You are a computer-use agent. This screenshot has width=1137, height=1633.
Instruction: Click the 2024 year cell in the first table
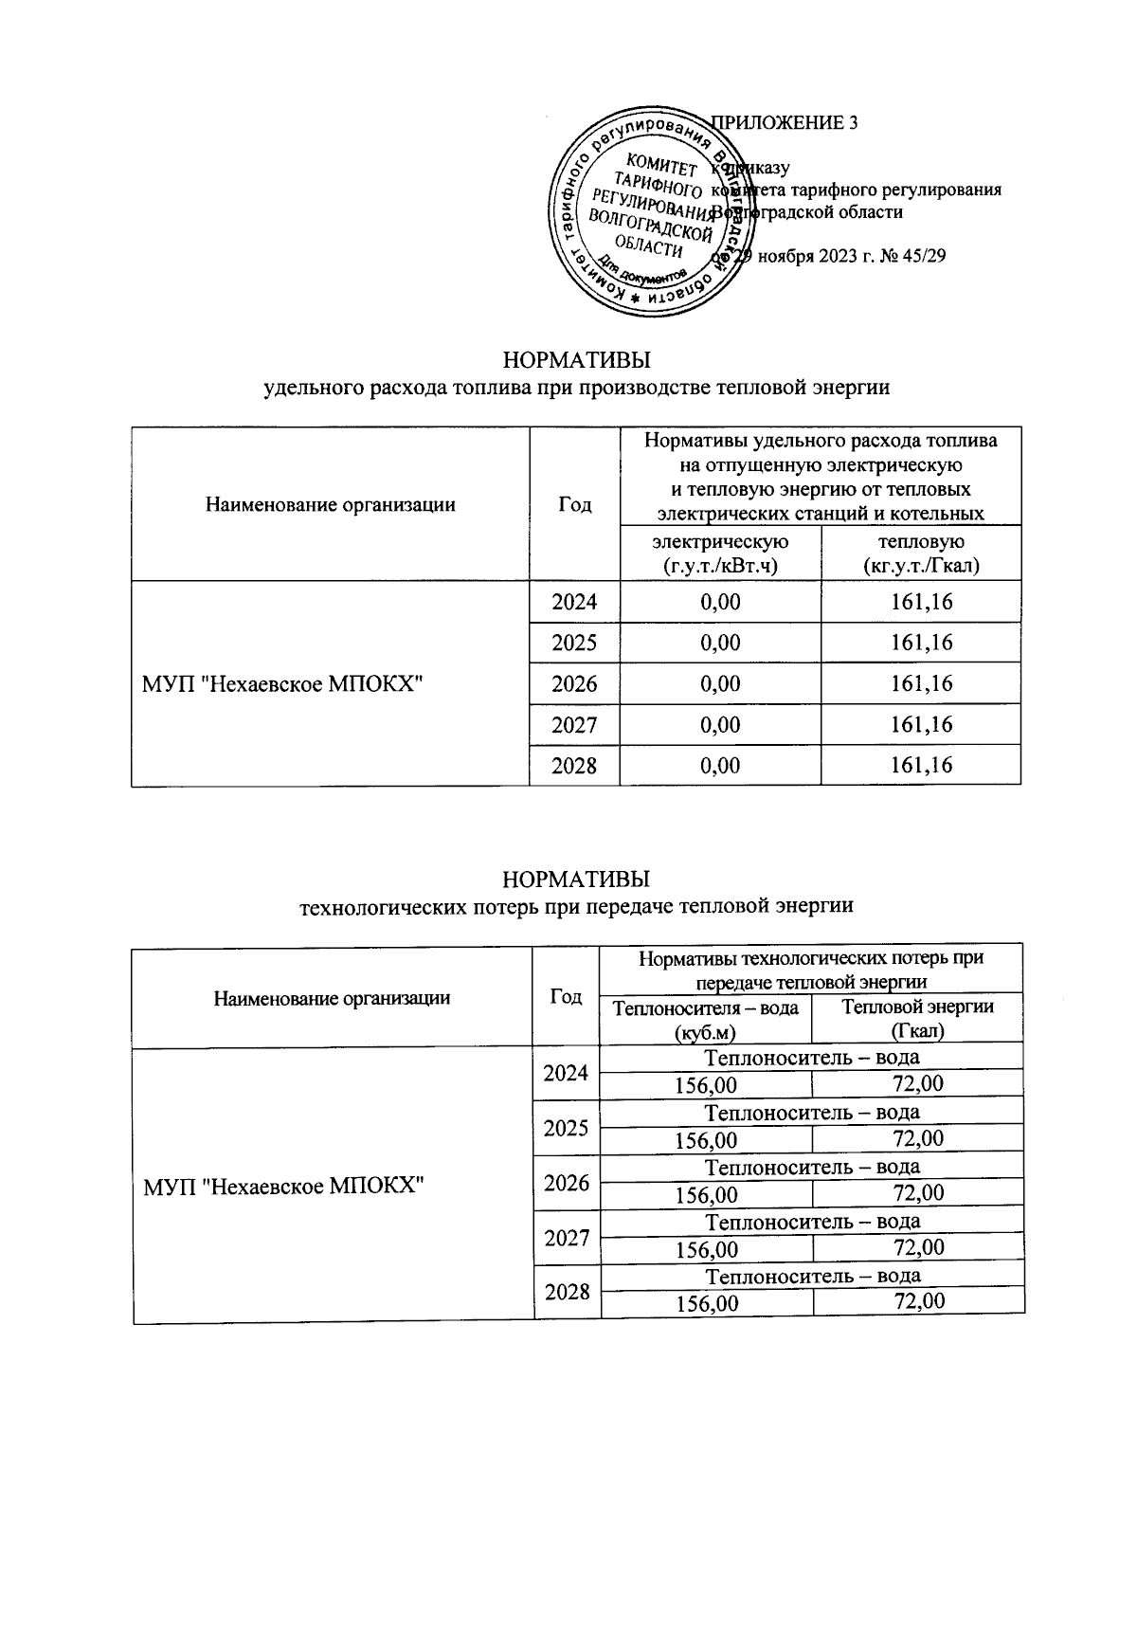point(574,602)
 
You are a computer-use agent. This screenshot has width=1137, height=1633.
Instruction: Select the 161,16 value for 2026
point(921,683)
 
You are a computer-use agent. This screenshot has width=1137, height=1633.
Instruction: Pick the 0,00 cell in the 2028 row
point(720,765)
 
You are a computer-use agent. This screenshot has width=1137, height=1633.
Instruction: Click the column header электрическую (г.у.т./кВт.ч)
point(720,553)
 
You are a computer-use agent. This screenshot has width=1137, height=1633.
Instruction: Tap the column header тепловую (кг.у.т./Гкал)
point(921,553)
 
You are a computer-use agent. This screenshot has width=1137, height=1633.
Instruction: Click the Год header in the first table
point(574,504)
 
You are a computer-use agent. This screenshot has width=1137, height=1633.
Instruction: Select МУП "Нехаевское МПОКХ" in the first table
point(281,683)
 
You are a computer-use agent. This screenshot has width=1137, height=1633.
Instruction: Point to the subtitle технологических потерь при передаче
point(576,906)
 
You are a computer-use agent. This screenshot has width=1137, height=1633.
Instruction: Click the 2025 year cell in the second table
point(567,1128)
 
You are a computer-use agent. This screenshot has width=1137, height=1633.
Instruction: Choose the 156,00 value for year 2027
point(706,1249)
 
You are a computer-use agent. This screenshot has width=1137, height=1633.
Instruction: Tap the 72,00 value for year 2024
point(918,1083)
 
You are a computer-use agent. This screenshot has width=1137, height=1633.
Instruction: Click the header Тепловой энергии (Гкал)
point(918,1018)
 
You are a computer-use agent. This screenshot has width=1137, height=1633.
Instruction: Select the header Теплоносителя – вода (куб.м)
point(706,1018)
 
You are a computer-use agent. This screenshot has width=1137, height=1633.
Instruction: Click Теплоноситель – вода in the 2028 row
point(812,1275)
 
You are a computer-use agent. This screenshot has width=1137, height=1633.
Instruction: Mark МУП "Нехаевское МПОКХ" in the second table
point(282,1184)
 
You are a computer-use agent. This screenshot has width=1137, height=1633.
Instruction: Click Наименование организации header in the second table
point(332,997)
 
